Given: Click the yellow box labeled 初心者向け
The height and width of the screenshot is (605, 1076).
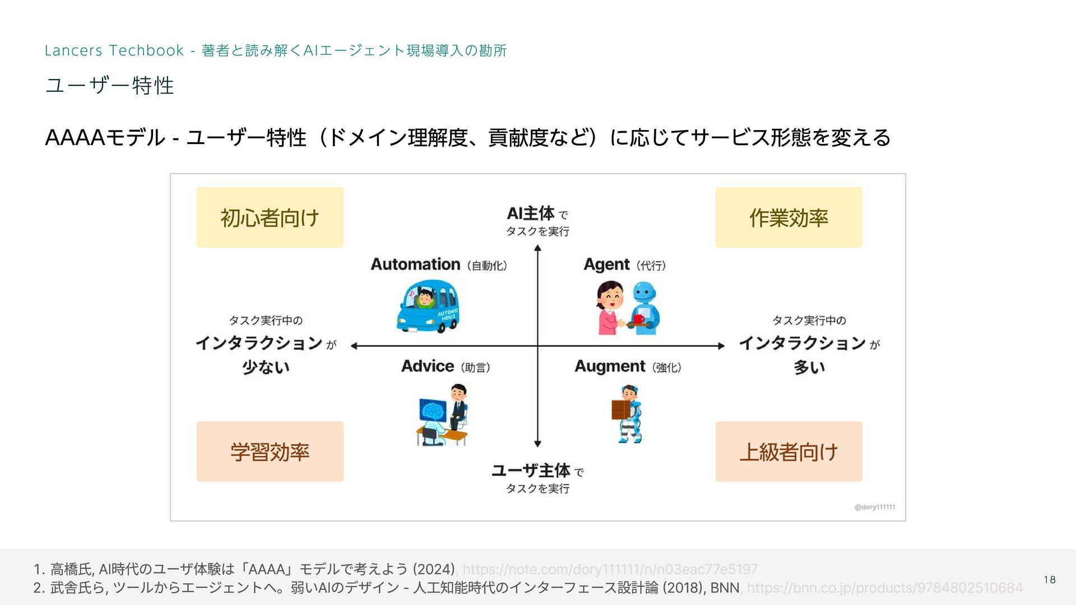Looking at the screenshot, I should click(x=270, y=217).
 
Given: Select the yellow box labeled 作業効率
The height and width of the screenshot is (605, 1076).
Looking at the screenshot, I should click(x=789, y=217).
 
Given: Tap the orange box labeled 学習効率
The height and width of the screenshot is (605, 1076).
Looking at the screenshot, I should click(x=270, y=452).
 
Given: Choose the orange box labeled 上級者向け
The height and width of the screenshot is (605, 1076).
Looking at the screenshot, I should click(x=789, y=452).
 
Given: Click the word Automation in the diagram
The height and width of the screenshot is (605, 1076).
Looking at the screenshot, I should click(x=415, y=264).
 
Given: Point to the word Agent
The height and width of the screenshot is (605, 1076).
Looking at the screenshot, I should click(x=606, y=264).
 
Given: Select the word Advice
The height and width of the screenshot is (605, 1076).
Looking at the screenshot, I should click(x=428, y=366).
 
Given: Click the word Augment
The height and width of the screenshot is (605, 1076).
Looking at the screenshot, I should click(x=610, y=366).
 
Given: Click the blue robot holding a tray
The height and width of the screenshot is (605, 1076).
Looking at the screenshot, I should click(x=644, y=308).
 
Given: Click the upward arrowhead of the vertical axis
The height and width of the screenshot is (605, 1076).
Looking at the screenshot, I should click(x=537, y=249).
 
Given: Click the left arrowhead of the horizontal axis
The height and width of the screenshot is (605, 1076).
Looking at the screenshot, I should click(x=354, y=346).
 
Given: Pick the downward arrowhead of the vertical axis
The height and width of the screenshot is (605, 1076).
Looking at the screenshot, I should click(x=537, y=444).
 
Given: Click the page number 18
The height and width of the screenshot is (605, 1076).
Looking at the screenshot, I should click(x=1050, y=580).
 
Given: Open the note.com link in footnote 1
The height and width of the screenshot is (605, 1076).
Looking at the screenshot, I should click(x=610, y=570).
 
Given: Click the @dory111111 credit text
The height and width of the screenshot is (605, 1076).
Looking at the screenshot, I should click(x=874, y=507).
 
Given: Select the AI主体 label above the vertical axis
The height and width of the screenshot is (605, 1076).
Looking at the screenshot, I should click(x=531, y=213).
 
